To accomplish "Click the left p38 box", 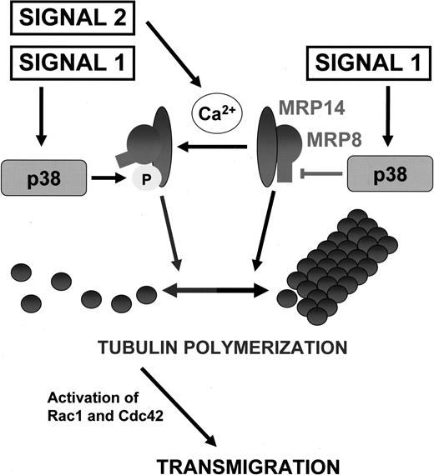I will pos(46,177).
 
